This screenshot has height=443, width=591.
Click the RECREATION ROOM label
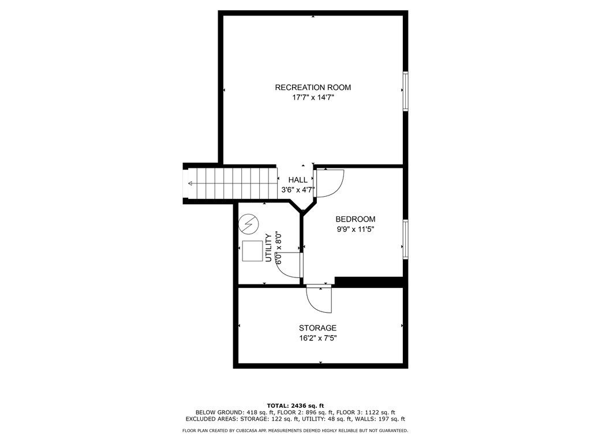(313, 88)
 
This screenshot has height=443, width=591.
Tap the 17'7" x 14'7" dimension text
(313, 98)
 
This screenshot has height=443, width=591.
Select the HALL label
(298, 180)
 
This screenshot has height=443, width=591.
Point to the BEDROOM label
(356, 219)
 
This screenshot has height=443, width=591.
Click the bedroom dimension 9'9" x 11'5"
(356, 229)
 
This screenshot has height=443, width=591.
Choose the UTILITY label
(269, 247)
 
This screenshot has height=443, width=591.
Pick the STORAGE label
(318, 328)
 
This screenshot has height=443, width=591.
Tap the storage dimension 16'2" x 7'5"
(318, 338)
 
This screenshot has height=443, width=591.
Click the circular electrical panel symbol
(249, 224)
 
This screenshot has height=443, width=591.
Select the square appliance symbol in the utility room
(252, 251)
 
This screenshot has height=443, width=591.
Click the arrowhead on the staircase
(190, 183)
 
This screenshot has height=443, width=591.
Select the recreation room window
(406, 91)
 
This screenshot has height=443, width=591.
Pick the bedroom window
(406, 239)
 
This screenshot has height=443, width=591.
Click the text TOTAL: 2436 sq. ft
(295, 406)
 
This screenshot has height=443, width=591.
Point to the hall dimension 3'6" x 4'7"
(298, 190)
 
